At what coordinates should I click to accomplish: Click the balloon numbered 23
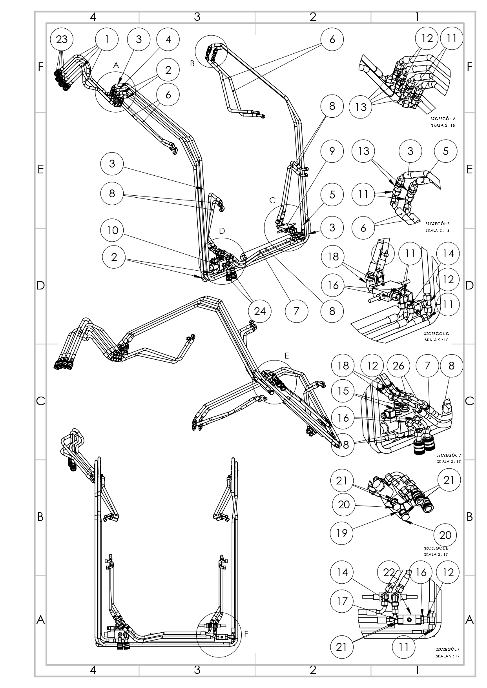pyautogui.click(x=62, y=39)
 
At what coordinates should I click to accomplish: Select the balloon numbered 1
pyautogui.click(x=107, y=39)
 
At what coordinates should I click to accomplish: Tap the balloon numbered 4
pyautogui.click(x=168, y=39)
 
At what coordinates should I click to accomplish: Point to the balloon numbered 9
pyautogui.click(x=332, y=151)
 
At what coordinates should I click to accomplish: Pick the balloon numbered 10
pyautogui.click(x=113, y=230)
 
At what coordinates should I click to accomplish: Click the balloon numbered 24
pyautogui.click(x=260, y=311)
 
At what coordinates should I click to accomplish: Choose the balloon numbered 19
pyautogui.click(x=342, y=533)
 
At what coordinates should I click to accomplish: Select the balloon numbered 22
pyautogui.click(x=389, y=572)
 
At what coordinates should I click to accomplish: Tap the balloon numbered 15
pyautogui.click(x=343, y=391)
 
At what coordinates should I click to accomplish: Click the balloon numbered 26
pyautogui.click(x=398, y=366)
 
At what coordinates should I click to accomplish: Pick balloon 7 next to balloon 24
pyautogui.click(x=296, y=311)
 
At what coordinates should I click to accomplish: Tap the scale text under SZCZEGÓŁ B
pyautogui.click(x=437, y=230)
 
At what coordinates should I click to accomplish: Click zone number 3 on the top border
pyautogui.click(x=197, y=17)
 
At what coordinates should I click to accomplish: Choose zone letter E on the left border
pyautogui.click(x=40, y=169)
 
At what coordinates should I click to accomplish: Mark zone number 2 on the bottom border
pyautogui.click(x=313, y=670)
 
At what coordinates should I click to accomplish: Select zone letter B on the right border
pyautogui.click(x=469, y=517)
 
